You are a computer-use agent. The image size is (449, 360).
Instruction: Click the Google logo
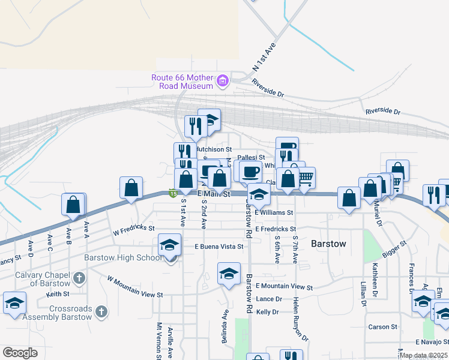point(20,352)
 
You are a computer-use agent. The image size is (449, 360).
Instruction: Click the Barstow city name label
point(328,244)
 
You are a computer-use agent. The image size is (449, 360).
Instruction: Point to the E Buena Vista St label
point(219,246)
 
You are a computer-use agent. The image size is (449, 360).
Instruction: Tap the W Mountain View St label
point(135,287)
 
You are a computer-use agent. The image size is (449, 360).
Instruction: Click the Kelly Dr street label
point(268,312)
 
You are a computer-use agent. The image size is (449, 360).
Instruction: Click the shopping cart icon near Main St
point(306,177)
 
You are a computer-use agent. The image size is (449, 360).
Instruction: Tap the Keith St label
point(58,294)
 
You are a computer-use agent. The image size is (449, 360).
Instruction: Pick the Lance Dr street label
point(268,299)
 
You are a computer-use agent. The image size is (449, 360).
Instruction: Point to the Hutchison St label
point(214,149)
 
